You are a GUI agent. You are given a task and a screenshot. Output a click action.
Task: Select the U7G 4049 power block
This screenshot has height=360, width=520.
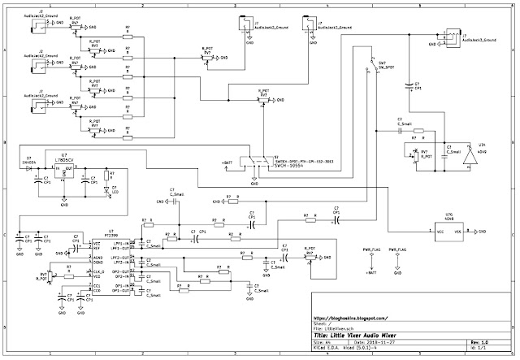(x=448, y=231)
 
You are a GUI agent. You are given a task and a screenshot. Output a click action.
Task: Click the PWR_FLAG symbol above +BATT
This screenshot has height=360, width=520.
(x=371, y=255)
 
